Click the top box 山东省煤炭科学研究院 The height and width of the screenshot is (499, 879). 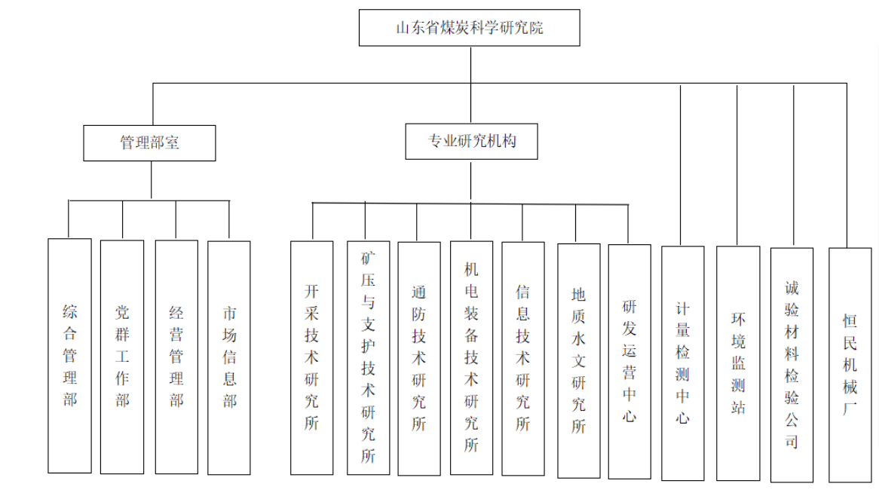click(469, 29)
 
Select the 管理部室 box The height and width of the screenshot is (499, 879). click(149, 142)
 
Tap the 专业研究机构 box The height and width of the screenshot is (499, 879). click(472, 141)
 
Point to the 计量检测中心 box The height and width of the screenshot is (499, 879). click(682, 363)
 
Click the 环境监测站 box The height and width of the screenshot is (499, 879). click(738, 363)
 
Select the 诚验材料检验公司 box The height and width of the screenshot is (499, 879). click(792, 364)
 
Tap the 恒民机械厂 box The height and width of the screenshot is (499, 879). click(850, 365)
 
